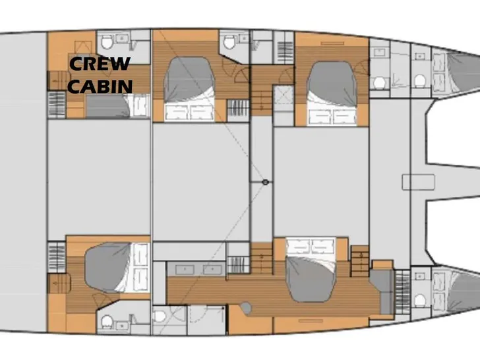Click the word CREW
pos(100,64)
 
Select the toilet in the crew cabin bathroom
pos(107,42)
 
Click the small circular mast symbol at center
pos(266,182)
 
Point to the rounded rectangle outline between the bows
pos(418,182)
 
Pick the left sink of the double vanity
pos(185,270)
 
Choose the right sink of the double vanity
pos(212,270)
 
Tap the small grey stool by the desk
pos(245,308)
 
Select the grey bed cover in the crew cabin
pos(107,106)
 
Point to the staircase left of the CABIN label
pos(57,81)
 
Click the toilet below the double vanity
pos(160,316)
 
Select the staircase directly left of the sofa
pos(360,261)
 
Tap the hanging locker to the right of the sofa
pos(402,292)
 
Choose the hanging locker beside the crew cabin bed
pos(57,105)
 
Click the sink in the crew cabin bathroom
pos(122,38)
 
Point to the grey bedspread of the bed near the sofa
pos(310,278)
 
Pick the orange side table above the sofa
pos(382,264)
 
